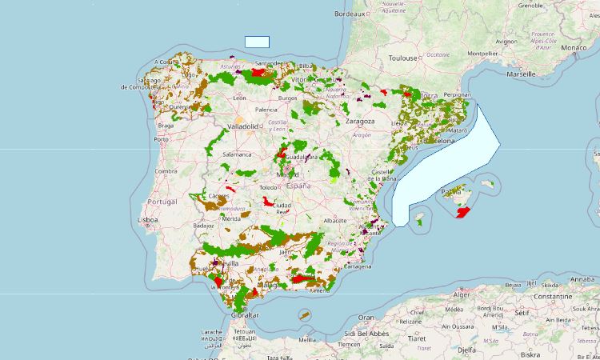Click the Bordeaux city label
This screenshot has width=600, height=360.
point(350,14)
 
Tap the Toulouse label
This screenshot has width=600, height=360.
point(403,58)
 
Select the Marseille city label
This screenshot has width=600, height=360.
point(521,73)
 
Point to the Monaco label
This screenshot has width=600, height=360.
point(572,48)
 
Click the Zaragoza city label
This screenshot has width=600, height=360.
point(360,121)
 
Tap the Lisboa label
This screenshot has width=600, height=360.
point(149,219)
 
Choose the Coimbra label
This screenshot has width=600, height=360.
point(166,170)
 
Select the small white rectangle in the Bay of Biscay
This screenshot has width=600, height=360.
point(257,42)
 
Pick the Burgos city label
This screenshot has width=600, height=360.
point(286,98)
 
